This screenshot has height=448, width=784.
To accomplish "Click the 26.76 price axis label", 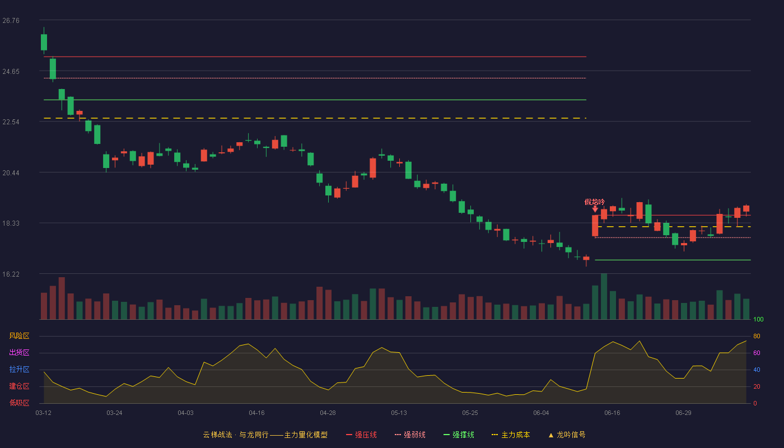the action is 11,21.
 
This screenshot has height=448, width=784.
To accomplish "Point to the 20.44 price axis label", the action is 11,173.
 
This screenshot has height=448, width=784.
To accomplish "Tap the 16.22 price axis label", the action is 11,274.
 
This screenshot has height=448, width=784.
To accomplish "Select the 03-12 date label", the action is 44,413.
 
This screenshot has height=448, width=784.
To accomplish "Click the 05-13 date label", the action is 399,413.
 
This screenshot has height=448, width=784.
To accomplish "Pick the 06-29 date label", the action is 684,413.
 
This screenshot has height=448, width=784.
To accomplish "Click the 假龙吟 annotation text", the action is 595,202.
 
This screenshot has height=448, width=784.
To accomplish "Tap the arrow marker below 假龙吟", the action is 595,209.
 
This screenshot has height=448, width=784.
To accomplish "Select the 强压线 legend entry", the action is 362,435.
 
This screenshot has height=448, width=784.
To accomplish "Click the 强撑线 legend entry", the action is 459,435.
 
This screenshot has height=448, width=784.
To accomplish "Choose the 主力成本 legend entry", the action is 511,435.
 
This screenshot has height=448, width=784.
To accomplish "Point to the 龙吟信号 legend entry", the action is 567,435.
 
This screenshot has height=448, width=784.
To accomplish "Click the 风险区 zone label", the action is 19,336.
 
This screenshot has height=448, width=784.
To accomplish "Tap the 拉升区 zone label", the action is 19,370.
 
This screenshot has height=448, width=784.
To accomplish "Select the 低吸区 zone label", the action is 19,403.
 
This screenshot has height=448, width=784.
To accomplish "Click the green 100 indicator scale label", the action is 758,319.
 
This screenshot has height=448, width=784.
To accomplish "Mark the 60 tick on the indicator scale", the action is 757,353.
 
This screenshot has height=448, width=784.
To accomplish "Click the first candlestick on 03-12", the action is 44,42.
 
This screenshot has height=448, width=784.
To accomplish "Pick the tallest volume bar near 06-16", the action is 604,296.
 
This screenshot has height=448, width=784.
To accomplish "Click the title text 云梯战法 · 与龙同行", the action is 236,435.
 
